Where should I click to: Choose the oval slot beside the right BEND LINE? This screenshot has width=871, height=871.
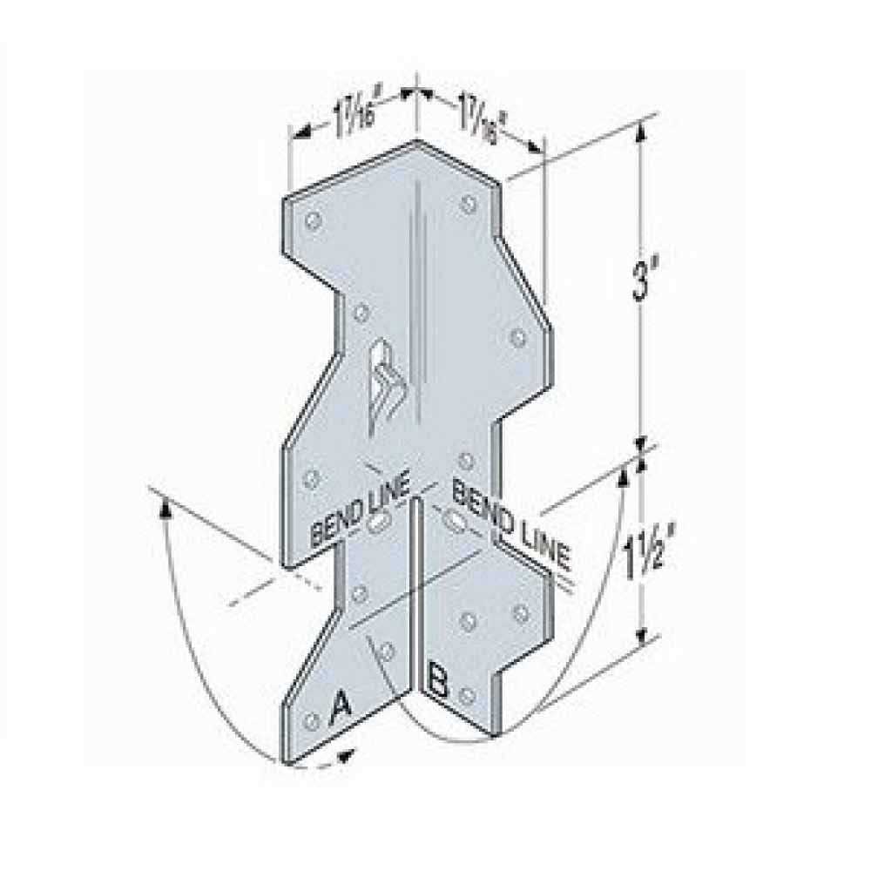(x=454, y=520)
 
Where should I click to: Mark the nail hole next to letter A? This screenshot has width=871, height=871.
(x=311, y=721)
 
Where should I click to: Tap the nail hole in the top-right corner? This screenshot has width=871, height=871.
(x=469, y=205)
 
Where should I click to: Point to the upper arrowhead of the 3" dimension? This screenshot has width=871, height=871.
(x=642, y=131)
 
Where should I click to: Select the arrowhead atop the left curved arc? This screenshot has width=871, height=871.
(x=164, y=504)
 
